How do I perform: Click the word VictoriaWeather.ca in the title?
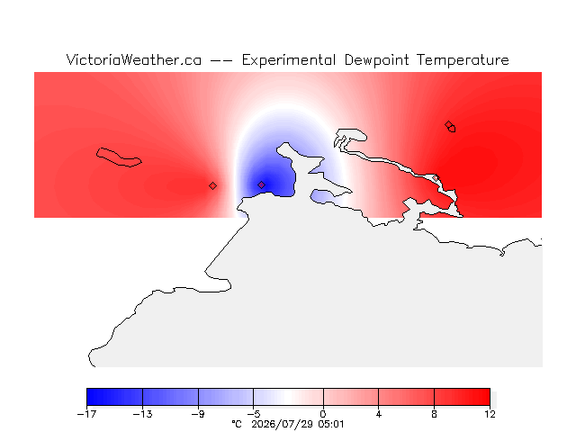click(134, 60)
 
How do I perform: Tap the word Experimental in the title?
click(289, 60)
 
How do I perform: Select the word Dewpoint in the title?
click(376, 60)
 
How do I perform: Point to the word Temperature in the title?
click(463, 60)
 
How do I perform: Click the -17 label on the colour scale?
click(86, 414)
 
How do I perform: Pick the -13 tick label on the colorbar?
click(142, 414)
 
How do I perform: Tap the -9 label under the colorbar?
click(198, 414)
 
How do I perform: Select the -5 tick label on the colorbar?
click(254, 414)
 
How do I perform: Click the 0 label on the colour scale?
click(323, 414)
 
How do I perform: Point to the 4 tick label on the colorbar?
click(379, 414)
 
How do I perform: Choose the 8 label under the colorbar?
click(434, 414)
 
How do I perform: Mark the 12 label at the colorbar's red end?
click(490, 414)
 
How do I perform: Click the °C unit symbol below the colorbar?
click(237, 424)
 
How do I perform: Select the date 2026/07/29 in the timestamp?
click(282, 424)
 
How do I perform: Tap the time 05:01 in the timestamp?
click(331, 424)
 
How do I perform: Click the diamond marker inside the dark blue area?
click(261, 184)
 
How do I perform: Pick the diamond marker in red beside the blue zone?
click(212, 186)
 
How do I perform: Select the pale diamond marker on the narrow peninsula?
click(436, 178)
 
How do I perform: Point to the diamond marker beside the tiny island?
click(448, 124)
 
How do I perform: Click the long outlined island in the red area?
click(118, 157)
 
